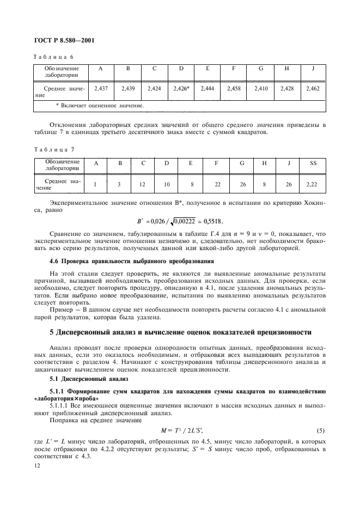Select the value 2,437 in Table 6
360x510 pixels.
click(x=100, y=87)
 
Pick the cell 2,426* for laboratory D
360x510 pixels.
click(x=181, y=87)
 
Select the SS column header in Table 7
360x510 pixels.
click(x=313, y=163)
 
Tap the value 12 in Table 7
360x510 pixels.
click(x=143, y=185)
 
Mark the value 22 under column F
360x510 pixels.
click(x=217, y=185)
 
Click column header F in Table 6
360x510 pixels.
click(x=233, y=69)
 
